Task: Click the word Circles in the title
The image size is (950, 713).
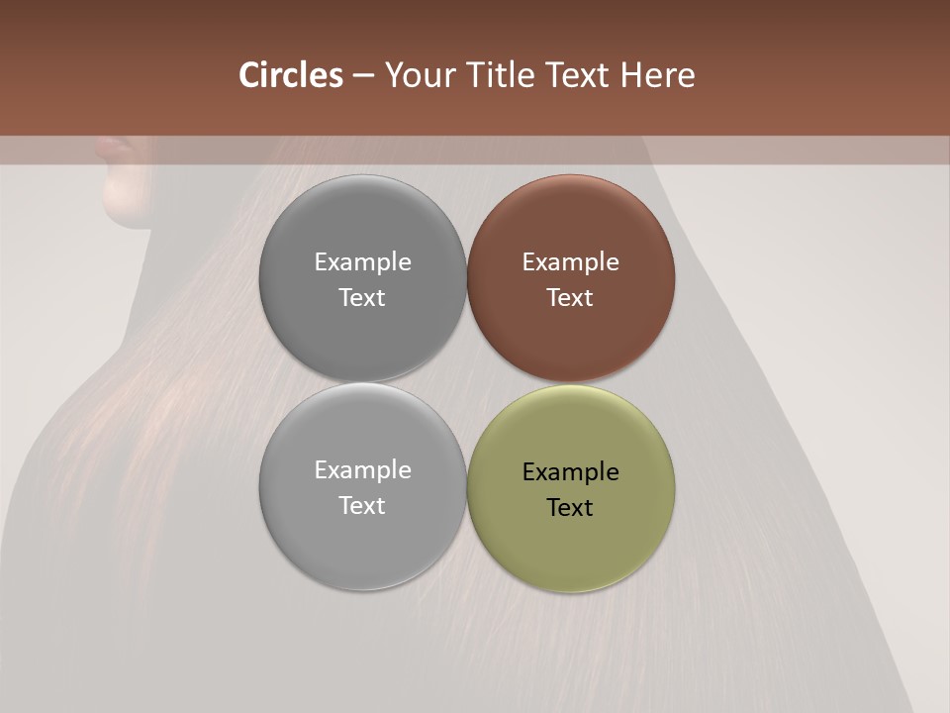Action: pos(291,75)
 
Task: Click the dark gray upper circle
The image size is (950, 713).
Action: pos(362,278)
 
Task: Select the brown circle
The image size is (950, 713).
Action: pos(571,278)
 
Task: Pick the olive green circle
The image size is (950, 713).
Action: pos(571,488)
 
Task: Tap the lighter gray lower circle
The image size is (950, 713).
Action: pos(362,486)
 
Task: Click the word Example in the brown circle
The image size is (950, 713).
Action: pos(570,261)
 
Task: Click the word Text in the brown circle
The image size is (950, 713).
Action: pos(570,297)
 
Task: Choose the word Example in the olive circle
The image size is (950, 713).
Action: pos(570,471)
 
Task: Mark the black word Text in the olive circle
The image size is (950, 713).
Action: pos(570,507)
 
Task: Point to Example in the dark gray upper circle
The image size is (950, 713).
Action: pos(362,261)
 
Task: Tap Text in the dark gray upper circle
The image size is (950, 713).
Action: pos(362,297)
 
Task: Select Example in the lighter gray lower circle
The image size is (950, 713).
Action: pos(362,469)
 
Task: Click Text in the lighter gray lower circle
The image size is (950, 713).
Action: pos(362,505)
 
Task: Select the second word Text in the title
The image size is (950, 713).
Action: pos(579,75)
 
